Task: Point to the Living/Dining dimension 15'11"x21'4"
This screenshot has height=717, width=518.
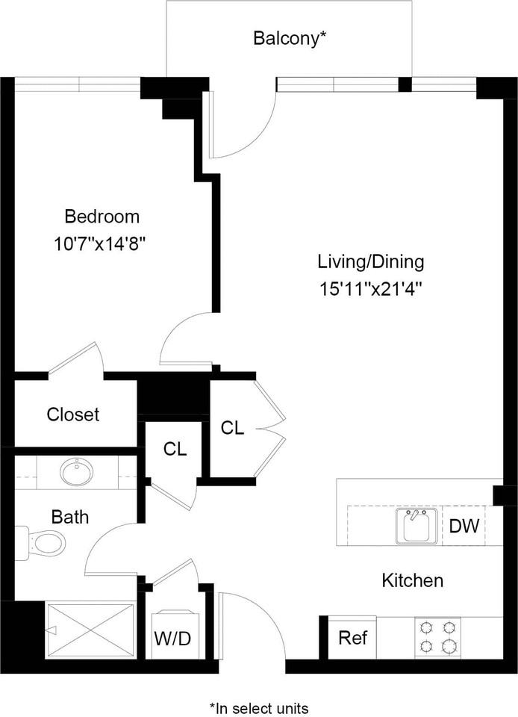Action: pyautogui.click(x=370, y=290)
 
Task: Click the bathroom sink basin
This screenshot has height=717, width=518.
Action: pyautogui.click(x=77, y=472)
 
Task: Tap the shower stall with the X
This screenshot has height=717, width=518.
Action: pyautogui.click(x=90, y=630)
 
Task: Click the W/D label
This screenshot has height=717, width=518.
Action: pyautogui.click(x=172, y=639)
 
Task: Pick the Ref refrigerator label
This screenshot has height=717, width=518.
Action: pyautogui.click(x=352, y=637)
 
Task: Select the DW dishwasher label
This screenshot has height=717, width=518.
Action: pyautogui.click(x=464, y=527)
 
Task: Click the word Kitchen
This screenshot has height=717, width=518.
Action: pyautogui.click(x=413, y=581)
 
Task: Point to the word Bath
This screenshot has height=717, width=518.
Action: pyautogui.click(x=70, y=517)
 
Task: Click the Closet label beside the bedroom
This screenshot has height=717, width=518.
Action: pyautogui.click(x=73, y=415)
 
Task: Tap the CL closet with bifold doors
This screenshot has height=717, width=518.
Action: pyautogui.click(x=232, y=428)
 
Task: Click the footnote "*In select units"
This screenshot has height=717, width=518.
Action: pyautogui.click(x=259, y=708)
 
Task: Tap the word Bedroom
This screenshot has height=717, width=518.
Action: pyautogui.click(x=102, y=217)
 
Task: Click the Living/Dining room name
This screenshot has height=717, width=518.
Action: pyautogui.click(x=371, y=262)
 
